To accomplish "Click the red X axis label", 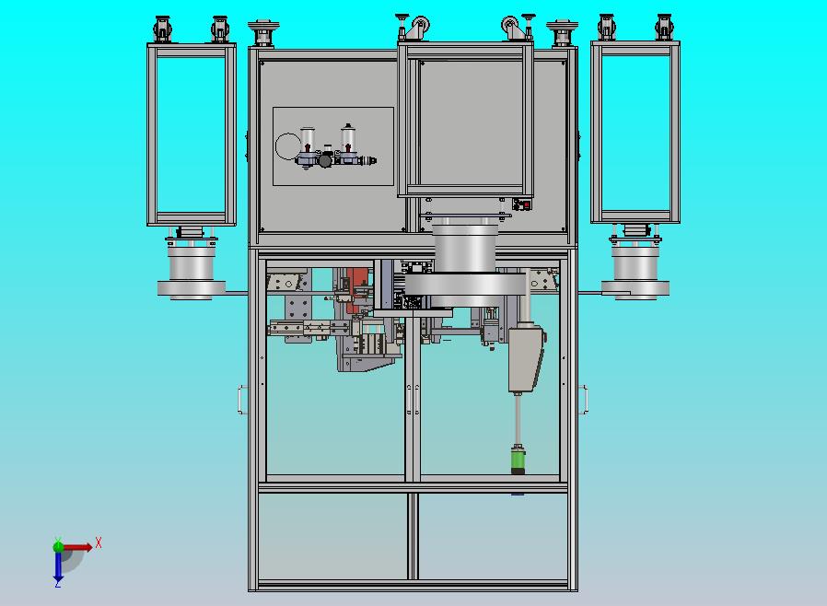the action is [99, 542].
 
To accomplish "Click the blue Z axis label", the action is [58, 583].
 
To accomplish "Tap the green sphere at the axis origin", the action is [58, 546].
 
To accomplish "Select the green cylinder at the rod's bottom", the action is [518, 460].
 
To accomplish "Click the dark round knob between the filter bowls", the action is [325, 160].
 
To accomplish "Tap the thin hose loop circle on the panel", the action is [288, 146].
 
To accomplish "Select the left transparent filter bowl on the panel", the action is [308, 140].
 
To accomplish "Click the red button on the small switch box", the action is [526, 204].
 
